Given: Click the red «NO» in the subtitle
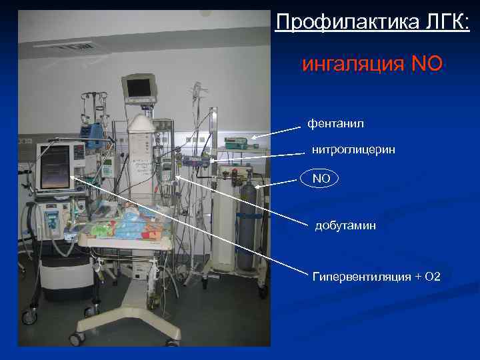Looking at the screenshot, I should click(x=427, y=65).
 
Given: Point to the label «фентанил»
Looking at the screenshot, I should click(x=335, y=123).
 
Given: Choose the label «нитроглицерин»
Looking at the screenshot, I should click(x=353, y=150).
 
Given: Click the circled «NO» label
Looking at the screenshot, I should click(x=321, y=179).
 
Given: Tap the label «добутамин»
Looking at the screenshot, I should click(x=345, y=225).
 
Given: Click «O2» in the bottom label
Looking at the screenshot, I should click(x=432, y=276).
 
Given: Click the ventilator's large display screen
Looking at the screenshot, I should click(x=55, y=167).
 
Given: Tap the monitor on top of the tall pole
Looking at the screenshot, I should click(x=139, y=87).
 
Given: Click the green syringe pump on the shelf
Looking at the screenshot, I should click(x=236, y=142).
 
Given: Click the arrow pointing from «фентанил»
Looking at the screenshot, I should click(x=276, y=130).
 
